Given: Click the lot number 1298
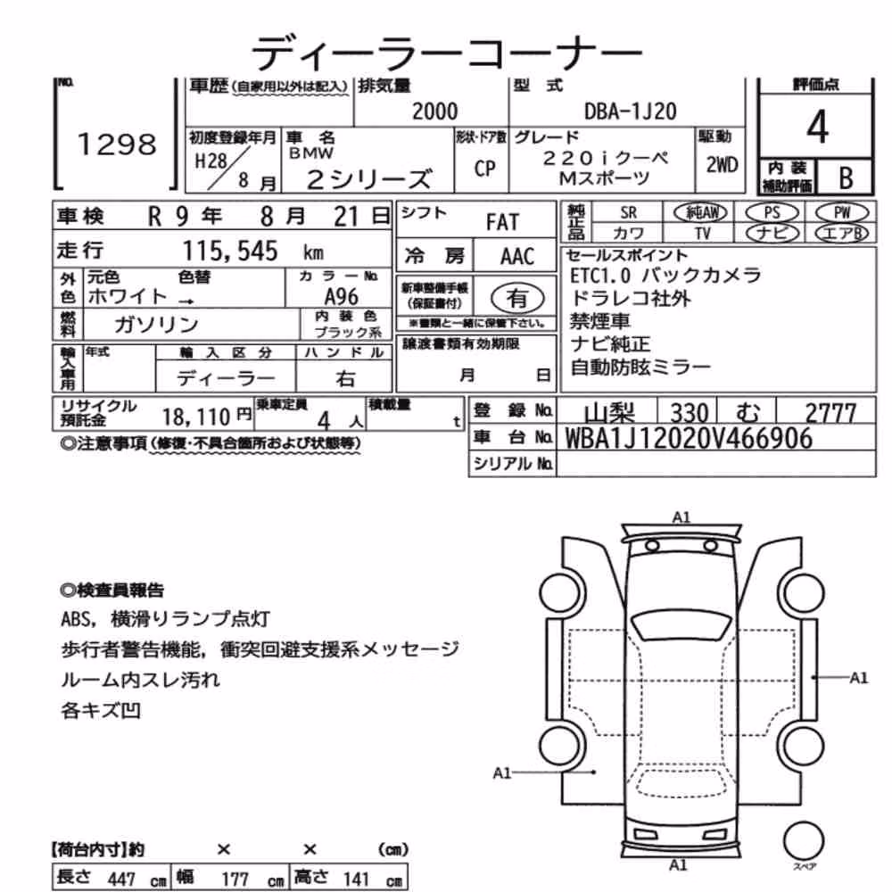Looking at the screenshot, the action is tap(117, 144).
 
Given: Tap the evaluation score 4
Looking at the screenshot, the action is tap(817, 127).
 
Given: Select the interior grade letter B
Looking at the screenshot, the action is tap(846, 178).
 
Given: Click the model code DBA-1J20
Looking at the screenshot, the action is tap(631, 111).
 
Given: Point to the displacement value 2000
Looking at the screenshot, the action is tap(434, 111).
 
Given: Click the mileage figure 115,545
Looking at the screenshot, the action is tap(230, 251).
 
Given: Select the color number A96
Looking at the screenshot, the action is tap(342, 296).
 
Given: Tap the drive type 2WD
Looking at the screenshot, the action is tap(722, 164).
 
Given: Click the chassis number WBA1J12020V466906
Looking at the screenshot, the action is tap(689, 439).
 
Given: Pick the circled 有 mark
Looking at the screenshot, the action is tap(517, 298).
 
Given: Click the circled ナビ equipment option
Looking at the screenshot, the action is tap(772, 233).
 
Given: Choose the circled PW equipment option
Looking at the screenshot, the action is tap(842, 213).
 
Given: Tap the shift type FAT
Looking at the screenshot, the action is tap(502, 222).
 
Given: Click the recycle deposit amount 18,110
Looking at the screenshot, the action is tap(195, 417).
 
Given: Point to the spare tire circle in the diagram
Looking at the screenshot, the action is tap(804, 841).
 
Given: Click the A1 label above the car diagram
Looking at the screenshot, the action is tap(681, 517).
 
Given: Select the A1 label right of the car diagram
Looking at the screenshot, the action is tap(858, 678).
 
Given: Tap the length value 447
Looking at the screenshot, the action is tap(121, 879).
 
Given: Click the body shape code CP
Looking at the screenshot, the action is tap(484, 169).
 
